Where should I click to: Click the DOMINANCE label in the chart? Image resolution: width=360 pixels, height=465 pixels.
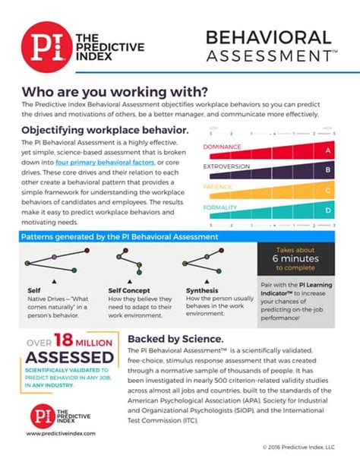tap(223, 147)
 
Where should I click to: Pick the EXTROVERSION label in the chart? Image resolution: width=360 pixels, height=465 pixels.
tap(227, 166)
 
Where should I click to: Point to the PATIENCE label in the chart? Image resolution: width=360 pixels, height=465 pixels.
tap(218, 186)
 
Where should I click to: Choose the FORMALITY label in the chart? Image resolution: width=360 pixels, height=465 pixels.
tap(220, 206)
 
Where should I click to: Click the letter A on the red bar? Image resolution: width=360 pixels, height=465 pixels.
tap(328, 150)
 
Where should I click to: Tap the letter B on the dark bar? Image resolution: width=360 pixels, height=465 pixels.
tap(328, 170)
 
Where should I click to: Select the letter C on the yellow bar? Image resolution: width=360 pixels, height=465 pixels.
tap(328, 190)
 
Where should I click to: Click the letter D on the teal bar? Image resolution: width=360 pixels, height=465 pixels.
tap(328, 210)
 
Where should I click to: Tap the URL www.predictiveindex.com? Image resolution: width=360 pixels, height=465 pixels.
tap(59, 433)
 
